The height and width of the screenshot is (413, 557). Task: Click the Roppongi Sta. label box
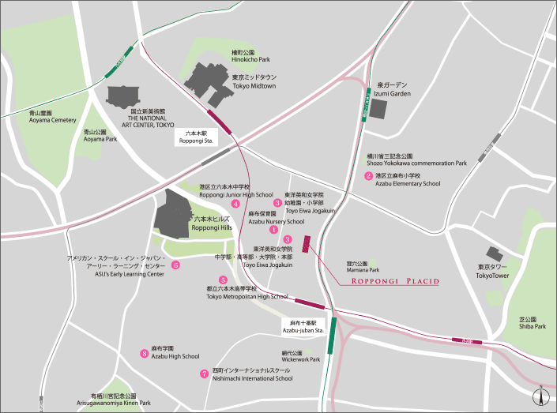coord(197,137)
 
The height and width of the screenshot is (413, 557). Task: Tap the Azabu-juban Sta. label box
coord(299,327)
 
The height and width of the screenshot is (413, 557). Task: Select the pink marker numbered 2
coord(368,176)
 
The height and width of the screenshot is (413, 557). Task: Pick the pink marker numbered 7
coord(205,374)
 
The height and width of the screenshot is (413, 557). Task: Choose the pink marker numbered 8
coord(144,354)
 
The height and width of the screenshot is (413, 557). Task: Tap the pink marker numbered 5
coord(224,280)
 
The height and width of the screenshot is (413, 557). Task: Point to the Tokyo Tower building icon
coord(495,255)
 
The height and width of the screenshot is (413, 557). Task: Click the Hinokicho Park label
coord(251,56)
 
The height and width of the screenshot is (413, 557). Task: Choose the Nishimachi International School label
coord(252,374)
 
